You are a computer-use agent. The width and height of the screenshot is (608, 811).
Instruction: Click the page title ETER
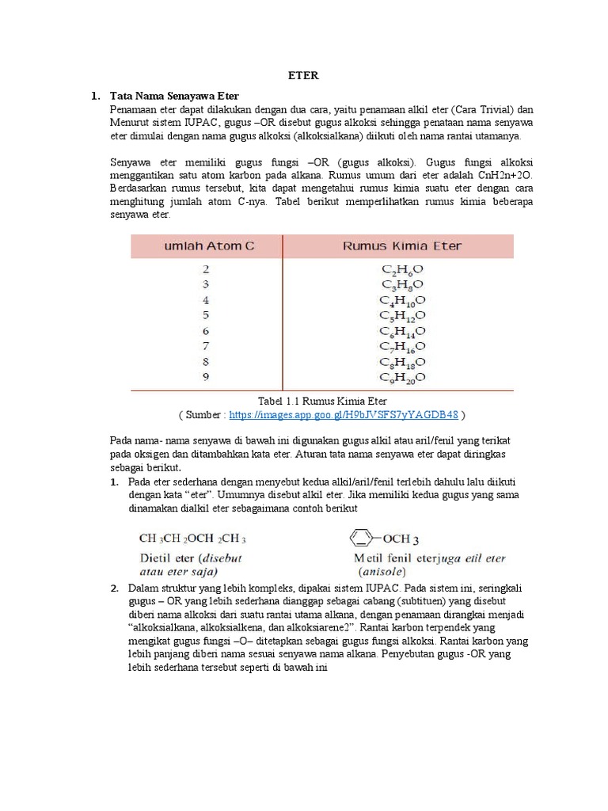pyautogui.click(x=304, y=76)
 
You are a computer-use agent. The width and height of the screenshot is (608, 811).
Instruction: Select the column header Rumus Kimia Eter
pyautogui.click(x=401, y=246)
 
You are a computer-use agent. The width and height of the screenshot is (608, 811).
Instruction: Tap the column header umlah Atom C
pyautogui.click(x=209, y=246)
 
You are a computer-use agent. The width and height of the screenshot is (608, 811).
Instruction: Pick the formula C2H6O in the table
pyautogui.click(x=401, y=269)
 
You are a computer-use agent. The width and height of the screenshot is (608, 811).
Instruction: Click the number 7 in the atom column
pyautogui.click(x=206, y=346)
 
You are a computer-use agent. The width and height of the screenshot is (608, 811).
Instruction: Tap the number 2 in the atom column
pyautogui.click(x=206, y=269)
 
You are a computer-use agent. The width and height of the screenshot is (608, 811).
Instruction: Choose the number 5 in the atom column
pyautogui.click(x=206, y=315)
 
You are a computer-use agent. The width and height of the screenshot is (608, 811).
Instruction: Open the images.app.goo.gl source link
pyautogui.click(x=344, y=414)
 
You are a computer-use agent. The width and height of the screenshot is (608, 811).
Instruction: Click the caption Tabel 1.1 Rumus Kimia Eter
pyautogui.click(x=322, y=401)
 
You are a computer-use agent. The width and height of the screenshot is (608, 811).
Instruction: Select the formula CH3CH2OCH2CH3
pyautogui.click(x=192, y=539)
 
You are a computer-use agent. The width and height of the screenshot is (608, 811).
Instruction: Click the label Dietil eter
pyautogui.click(x=167, y=557)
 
